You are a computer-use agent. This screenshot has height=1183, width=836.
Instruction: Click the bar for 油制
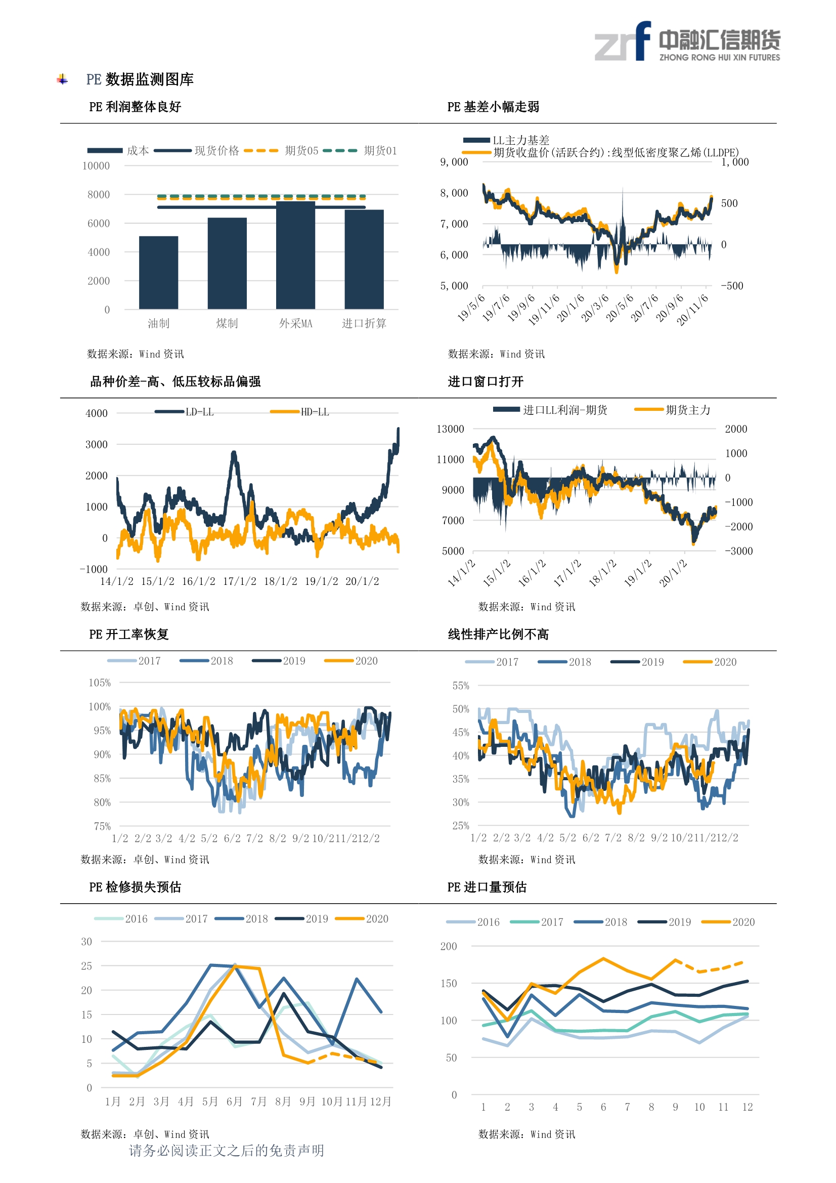(159, 273)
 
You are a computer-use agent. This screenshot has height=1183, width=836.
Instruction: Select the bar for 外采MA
(296, 255)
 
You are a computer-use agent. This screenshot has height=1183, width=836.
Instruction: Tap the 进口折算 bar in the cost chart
(364, 259)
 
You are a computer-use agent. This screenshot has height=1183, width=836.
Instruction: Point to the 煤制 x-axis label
(227, 323)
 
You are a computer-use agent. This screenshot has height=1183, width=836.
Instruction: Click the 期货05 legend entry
(281, 150)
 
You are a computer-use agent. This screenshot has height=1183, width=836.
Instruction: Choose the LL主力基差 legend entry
(506, 140)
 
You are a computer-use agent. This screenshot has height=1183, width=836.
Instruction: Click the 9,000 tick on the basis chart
(454, 162)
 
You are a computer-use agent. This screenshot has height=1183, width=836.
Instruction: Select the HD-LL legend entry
(300, 412)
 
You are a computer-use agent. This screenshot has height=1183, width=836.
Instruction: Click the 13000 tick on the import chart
(450, 429)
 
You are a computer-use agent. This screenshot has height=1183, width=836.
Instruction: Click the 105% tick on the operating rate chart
(100, 683)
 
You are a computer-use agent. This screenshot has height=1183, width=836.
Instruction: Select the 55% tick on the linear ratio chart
(461, 686)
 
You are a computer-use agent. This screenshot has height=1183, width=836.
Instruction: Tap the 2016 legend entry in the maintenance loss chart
(121, 919)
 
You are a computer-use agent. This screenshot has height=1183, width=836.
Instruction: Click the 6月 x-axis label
(234, 1102)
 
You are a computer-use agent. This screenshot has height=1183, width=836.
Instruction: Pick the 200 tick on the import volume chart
(449, 946)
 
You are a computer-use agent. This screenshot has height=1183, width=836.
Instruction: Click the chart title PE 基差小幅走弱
(493, 107)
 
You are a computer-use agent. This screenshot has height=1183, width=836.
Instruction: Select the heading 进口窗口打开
(486, 382)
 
